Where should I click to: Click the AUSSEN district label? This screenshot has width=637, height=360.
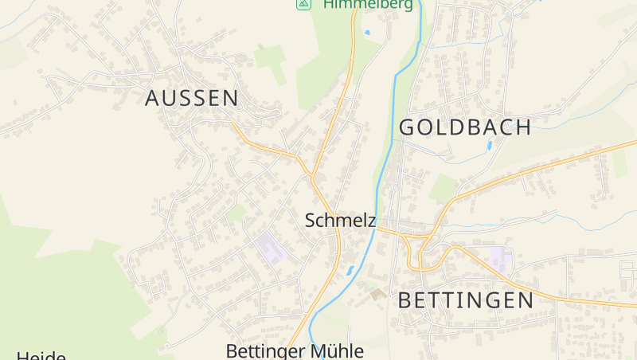pos(192,98)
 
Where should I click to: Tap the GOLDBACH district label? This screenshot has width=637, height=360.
pos(465,127)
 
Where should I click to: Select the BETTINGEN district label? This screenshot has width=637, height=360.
pos(465,300)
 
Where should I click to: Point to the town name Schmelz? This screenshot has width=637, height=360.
pos(340,221)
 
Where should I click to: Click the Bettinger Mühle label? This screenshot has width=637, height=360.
pos(295,350)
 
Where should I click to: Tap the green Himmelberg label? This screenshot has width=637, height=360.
pos(368,5)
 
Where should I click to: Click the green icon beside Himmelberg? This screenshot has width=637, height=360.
pos(303,4)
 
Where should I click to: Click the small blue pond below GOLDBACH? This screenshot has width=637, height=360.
pos(488,146)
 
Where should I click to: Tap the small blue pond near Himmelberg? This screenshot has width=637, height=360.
pos(366,33)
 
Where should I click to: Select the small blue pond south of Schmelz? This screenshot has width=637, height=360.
pos(350,271)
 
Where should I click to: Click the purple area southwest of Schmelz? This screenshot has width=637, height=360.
pos(271,248)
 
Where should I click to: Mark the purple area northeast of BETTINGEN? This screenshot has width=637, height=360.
pos(500,257)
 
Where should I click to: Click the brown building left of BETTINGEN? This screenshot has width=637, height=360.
pos(377,294)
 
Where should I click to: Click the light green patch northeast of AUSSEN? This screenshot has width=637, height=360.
pos(271,61)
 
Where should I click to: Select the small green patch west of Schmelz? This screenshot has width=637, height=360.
pos(236,212)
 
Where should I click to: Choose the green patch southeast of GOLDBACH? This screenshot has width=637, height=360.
pos(444,189)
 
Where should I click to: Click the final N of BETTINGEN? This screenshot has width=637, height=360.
pos(524,300)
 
